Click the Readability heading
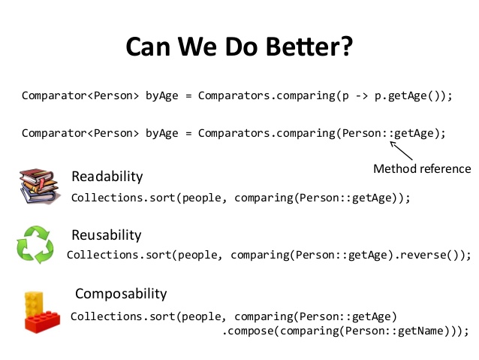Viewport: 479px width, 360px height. click(x=107, y=177)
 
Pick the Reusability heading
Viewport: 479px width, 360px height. click(x=106, y=235)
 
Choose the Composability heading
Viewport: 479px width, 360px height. click(x=121, y=293)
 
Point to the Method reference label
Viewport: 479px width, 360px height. click(x=422, y=168)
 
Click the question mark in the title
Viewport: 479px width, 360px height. click(x=345, y=47)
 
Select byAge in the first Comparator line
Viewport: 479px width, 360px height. click(x=162, y=95)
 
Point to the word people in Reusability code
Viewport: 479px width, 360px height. click(x=197, y=255)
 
